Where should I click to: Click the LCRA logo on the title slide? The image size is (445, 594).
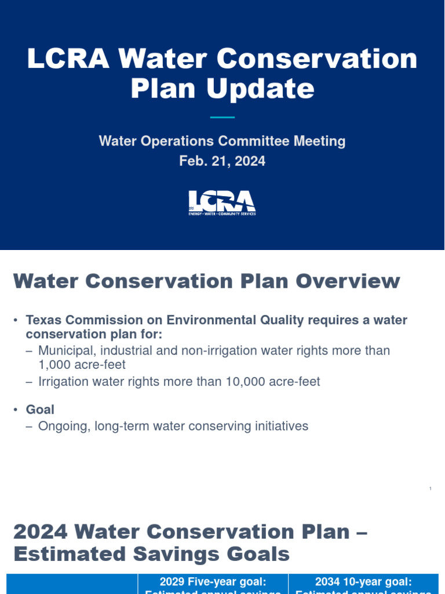[222, 202]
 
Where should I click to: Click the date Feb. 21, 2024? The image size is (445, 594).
[222, 161]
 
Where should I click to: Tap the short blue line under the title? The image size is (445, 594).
[222, 118]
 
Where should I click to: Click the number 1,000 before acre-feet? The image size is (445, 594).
[55, 364]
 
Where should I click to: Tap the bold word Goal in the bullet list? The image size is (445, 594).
[40, 410]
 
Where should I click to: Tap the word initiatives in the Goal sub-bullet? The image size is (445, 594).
[280, 426]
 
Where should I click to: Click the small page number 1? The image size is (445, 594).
[431, 490]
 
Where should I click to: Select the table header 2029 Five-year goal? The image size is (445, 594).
[213, 582]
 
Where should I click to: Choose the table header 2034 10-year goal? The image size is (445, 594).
[363, 582]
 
